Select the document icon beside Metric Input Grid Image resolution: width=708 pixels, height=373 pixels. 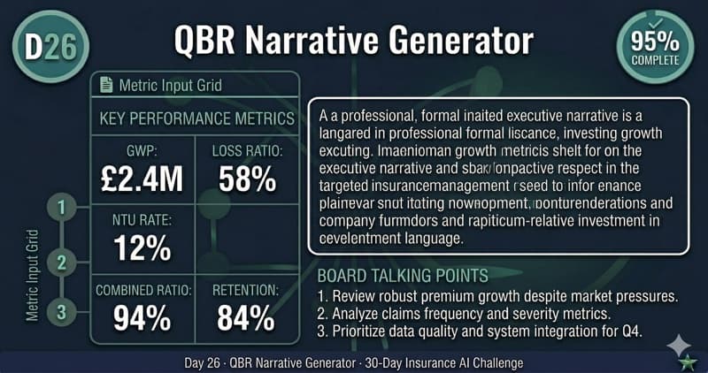[107, 85]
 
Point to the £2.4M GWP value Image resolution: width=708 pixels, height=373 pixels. [141, 178]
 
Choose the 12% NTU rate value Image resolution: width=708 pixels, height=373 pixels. [141, 247]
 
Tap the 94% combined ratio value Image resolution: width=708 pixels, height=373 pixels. [141, 317]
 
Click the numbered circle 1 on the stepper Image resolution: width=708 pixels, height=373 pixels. [61, 209]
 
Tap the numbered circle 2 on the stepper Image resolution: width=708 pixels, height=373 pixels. [61, 262]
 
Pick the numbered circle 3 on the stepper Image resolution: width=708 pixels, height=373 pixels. [61, 311]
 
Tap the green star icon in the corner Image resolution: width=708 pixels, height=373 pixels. [686, 362]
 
